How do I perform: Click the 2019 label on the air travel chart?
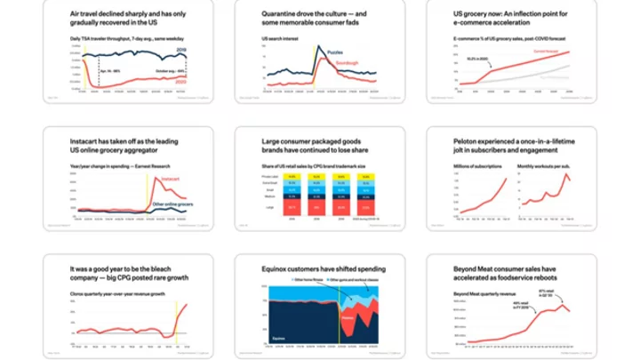(x=181, y=51)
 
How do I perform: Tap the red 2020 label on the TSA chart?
(x=180, y=81)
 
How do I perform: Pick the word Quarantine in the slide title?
(x=281, y=15)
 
